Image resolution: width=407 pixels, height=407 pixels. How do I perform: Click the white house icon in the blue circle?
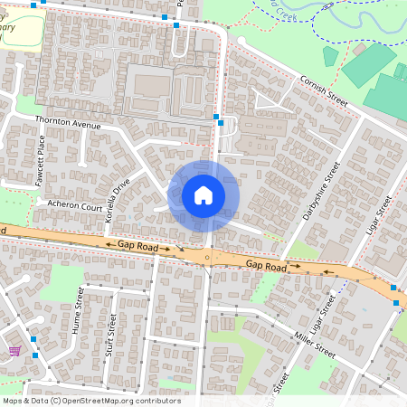203,194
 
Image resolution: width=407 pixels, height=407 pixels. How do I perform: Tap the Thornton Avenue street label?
67,122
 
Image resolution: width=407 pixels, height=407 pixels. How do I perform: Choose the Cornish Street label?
323,90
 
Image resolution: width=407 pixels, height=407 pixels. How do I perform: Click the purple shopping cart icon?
14,350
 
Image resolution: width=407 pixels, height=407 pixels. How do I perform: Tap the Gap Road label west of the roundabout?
137,246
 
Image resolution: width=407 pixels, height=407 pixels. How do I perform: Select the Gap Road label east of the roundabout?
266,266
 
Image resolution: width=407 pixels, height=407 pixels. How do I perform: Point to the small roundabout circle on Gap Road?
207,258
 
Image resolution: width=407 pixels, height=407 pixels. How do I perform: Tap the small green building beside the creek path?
330,56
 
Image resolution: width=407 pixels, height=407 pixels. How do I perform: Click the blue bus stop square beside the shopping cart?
33,339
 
